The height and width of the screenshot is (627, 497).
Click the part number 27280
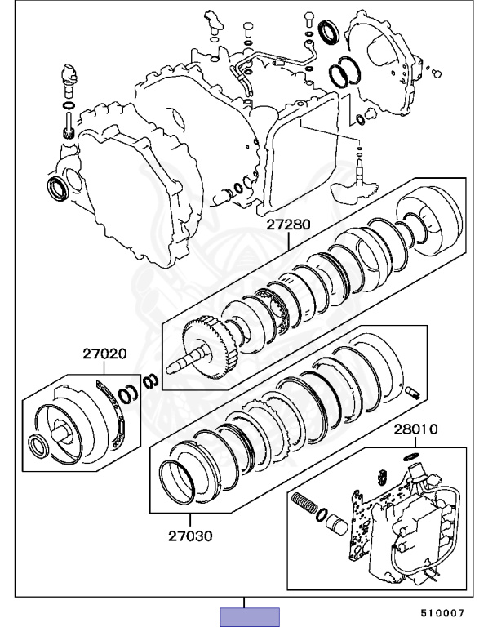pyautogui.click(x=286, y=221)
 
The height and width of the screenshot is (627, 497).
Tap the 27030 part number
pyautogui.click(x=190, y=536)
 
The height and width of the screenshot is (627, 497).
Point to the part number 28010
pyautogui.click(x=416, y=429)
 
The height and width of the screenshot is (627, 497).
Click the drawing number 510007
pyautogui.click(x=442, y=612)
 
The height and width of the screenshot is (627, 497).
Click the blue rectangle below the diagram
pyautogui.click(x=250, y=616)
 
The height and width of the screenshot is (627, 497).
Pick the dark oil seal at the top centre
pyautogui.click(x=331, y=33)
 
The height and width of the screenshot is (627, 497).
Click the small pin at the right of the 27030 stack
pyautogui.click(x=411, y=394)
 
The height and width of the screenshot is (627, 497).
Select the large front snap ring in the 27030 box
pyautogui.click(x=175, y=482)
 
